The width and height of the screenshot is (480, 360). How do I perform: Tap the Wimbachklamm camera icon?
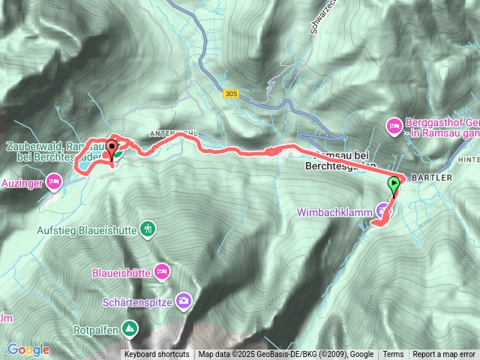[383, 212]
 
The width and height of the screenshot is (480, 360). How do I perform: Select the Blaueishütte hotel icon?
[162, 270]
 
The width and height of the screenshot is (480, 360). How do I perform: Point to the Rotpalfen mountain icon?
[130, 328]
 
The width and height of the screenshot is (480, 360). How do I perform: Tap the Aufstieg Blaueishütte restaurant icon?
[148, 229]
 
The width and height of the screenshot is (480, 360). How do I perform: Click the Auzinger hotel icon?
[53, 181]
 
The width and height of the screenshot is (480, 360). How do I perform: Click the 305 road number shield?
[231, 93]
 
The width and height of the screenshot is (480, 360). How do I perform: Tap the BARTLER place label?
[425, 178]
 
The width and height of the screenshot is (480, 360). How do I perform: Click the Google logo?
[28, 349]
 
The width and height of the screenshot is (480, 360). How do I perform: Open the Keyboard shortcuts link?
[157, 355]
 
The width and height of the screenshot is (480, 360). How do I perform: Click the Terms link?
[393, 355]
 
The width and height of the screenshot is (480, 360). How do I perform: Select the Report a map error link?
[444, 355]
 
